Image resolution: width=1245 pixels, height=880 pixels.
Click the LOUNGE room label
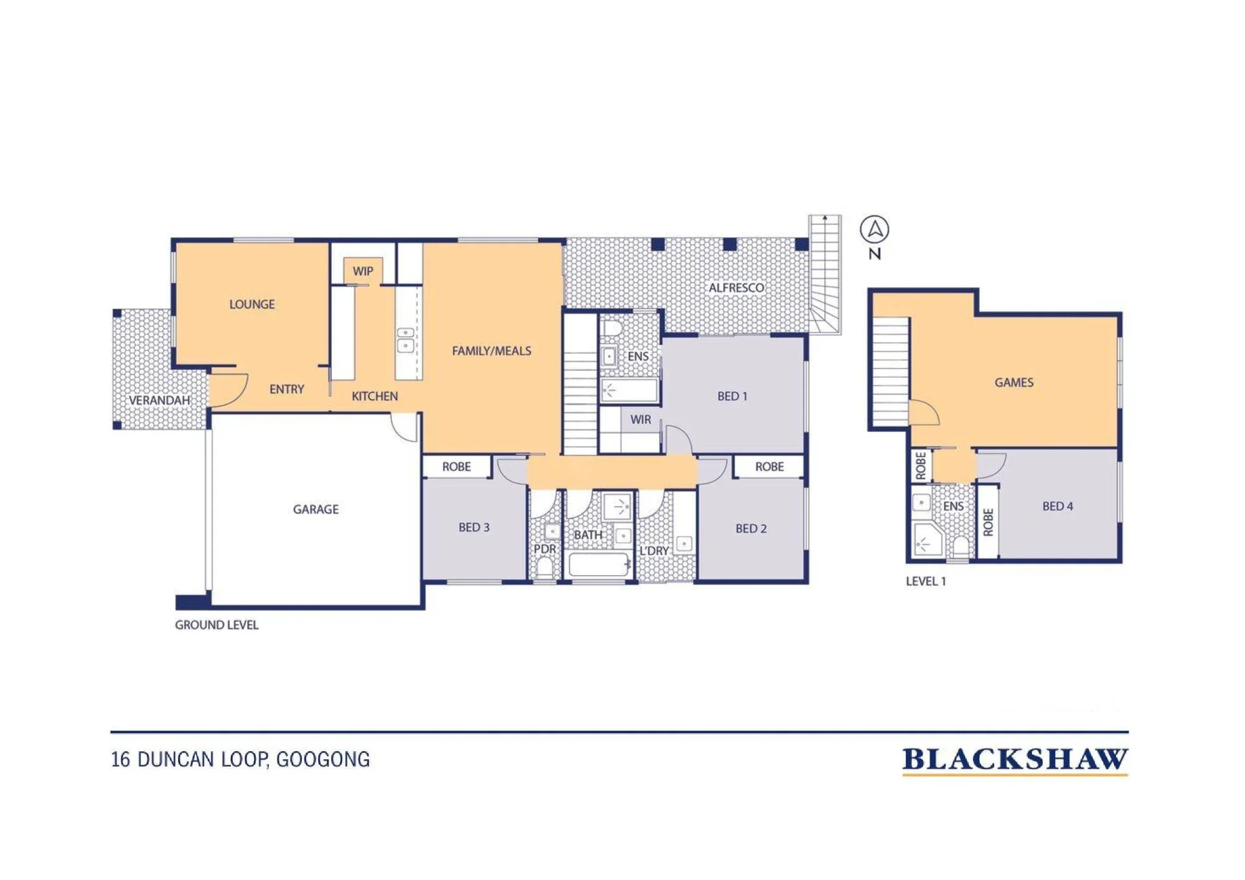click(252, 304)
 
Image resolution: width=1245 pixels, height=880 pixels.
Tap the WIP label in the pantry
click(363, 271)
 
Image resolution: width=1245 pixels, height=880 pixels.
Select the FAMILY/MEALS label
click(492, 351)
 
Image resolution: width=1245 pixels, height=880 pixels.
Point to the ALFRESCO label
click(736, 288)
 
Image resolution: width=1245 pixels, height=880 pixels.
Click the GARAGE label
click(316, 509)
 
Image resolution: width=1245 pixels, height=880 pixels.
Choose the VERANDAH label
click(159, 400)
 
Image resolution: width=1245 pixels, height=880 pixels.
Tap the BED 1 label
click(732, 396)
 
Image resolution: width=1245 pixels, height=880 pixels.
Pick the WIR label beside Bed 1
click(641, 419)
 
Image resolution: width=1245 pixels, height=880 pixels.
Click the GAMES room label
click(1014, 383)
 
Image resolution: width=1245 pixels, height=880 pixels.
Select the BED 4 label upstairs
click(1058, 507)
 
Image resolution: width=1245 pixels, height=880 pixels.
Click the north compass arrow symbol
click(875, 230)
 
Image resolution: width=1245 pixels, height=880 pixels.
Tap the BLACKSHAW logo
click(1015, 761)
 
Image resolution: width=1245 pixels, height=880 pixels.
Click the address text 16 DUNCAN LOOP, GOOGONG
click(240, 760)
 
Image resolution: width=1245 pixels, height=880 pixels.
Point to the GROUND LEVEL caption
click(217, 625)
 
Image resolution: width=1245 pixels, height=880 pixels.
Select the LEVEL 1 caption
click(926, 581)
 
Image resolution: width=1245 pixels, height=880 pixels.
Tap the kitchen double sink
click(405, 340)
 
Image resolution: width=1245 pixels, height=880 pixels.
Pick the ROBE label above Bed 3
click(456, 467)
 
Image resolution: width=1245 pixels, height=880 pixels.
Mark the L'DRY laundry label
click(654, 551)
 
